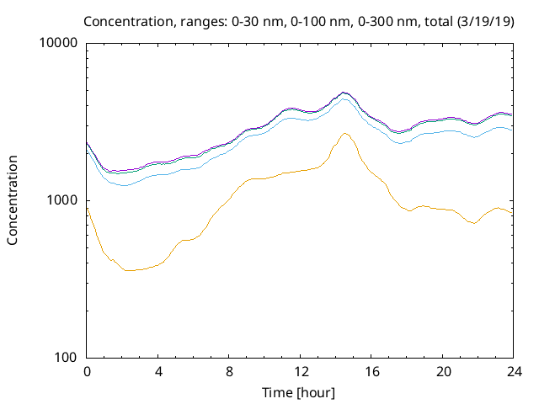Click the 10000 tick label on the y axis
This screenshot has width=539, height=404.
pyautogui.click(x=59, y=44)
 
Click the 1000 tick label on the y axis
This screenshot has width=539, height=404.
pyautogui.click(x=62, y=200)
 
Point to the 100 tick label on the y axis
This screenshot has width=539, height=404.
pyautogui.click(x=66, y=358)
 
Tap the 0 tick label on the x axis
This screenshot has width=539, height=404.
pyautogui.click(x=87, y=371)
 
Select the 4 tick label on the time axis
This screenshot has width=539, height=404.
pyautogui.click(x=158, y=371)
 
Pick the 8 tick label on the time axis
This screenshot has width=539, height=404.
pyautogui.click(x=229, y=371)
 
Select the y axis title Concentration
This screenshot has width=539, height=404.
pyautogui.click(x=13, y=200)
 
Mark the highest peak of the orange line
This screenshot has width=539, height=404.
pyautogui.click(x=344, y=133)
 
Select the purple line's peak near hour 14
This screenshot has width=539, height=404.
pyautogui.click(x=344, y=93)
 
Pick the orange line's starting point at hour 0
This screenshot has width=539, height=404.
pyautogui.click(x=88, y=208)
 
